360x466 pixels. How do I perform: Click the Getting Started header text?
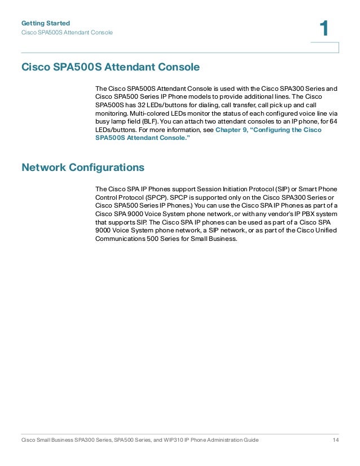click(x=45, y=23)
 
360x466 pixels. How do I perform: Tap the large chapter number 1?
click(x=324, y=29)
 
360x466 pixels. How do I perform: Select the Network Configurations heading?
click(x=82, y=168)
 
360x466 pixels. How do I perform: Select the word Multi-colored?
click(x=138, y=113)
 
